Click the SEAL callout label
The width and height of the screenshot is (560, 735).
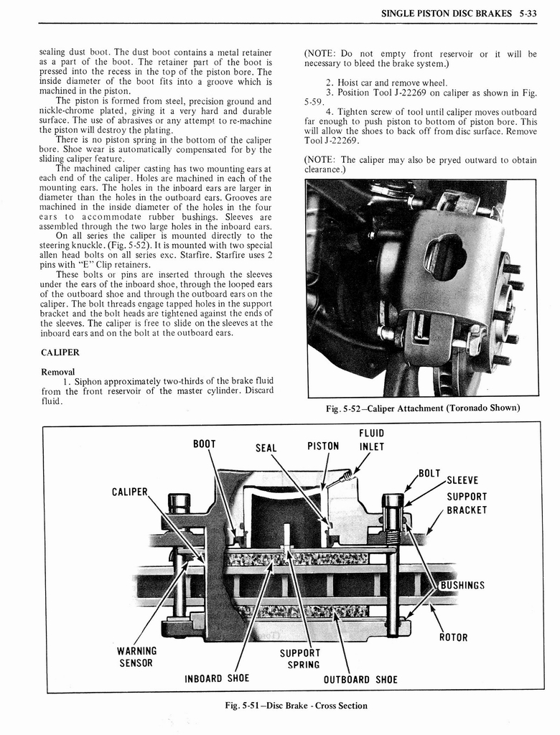[266, 448]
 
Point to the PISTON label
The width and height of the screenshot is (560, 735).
[323, 446]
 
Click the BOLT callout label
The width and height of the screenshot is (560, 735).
[429, 473]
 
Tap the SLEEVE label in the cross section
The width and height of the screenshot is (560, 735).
[462, 481]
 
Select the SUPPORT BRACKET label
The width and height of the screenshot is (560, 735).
[467, 503]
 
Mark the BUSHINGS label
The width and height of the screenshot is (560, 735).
[462, 585]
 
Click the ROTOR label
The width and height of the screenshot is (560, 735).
[453, 637]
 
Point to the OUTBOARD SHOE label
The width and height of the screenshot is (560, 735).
[360, 680]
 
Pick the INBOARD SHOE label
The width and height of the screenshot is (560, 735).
[218, 678]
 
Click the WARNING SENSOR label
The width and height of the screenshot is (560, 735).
[136, 657]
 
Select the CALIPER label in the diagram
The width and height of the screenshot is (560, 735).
[129, 492]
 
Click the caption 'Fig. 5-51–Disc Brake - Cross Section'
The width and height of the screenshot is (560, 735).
[296, 706]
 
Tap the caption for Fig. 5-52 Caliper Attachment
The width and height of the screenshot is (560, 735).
[422, 408]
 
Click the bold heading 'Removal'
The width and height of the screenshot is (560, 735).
[58, 372]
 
